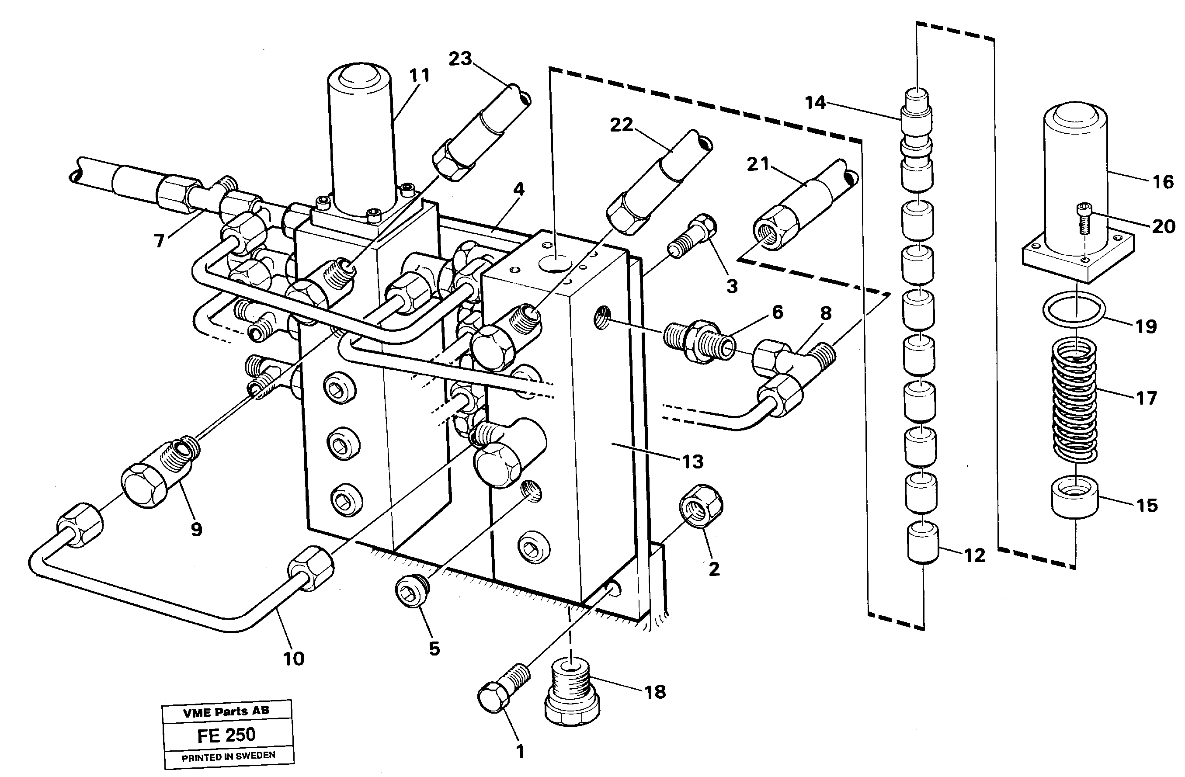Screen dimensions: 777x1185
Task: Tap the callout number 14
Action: point(815,103)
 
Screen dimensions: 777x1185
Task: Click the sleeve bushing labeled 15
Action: point(1074,499)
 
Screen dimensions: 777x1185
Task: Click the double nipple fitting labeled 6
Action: point(699,341)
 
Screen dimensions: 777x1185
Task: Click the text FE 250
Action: point(226,735)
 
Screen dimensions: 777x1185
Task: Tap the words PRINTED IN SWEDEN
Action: point(228,756)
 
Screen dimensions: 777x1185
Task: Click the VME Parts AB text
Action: point(226,711)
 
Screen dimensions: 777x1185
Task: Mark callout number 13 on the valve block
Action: point(692,461)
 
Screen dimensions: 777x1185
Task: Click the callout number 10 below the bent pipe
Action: point(293,659)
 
